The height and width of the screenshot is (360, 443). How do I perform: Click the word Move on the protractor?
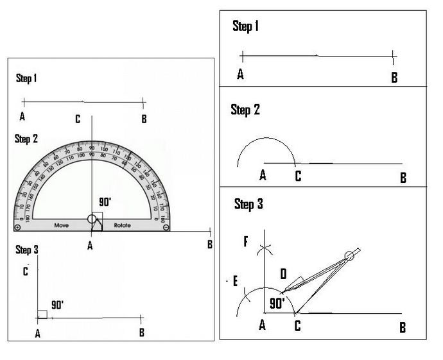(62, 226)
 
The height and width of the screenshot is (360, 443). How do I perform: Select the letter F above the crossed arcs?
(245, 242)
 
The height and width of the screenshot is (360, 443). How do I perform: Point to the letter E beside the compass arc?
(236, 282)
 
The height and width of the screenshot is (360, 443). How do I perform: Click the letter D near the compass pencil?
(283, 275)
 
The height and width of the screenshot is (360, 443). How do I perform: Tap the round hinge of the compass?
(349, 255)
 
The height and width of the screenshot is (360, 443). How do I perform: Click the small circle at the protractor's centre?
(92, 219)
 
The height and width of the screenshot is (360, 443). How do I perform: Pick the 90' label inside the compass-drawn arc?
(277, 303)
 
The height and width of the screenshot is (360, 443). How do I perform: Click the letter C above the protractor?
(78, 119)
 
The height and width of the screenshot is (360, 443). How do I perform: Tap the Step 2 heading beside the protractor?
(26, 138)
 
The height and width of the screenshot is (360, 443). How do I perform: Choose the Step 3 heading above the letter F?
(248, 205)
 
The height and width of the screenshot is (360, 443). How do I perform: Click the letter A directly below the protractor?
(90, 245)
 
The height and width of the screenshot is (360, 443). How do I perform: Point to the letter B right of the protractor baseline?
(209, 244)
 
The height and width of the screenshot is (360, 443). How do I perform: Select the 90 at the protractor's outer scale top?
(92, 149)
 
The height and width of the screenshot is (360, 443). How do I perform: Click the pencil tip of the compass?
(281, 293)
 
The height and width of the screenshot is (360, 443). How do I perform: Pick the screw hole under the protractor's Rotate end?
(166, 227)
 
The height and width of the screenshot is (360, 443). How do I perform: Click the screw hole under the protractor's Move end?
(18, 227)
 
